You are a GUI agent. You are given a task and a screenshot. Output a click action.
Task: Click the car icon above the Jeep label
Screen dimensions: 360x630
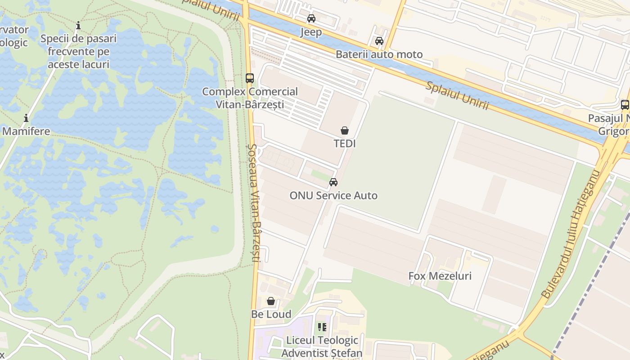tap(311, 18)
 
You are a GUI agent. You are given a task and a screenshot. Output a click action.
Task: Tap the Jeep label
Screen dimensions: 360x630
tap(311, 32)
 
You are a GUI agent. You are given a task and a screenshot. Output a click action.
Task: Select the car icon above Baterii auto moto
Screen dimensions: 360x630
tap(379, 41)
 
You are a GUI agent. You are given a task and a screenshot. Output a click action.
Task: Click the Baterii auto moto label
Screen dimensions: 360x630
tap(379, 54)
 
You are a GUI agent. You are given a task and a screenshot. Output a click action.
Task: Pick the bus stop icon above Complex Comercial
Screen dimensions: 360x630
tap(250, 78)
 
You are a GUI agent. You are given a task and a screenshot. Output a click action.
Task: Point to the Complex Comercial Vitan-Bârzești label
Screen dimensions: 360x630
tap(250, 98)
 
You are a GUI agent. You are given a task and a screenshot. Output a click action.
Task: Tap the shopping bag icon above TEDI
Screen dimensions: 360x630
tap(345, 130)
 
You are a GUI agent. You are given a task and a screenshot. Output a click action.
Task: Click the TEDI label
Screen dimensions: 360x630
tap(345, 144)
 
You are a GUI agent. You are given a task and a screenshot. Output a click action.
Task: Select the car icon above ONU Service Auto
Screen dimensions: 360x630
tap(333, 182)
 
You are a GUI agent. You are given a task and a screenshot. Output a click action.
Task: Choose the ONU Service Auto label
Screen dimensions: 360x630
tap(333, 195)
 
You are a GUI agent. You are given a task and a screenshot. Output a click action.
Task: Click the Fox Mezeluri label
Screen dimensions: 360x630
tap(440, 276)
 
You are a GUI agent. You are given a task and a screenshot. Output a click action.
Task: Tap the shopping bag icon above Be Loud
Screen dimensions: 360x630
tap(271, 301)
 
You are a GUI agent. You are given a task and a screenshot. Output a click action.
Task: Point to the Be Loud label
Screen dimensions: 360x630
tap(271, 314)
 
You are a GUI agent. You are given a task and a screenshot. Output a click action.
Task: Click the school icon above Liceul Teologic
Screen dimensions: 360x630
tap(322, 327)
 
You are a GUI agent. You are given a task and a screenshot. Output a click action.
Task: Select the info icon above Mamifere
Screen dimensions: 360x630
tap(26, 118)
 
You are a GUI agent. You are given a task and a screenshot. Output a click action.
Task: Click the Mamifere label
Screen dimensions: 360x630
tap(26, 131)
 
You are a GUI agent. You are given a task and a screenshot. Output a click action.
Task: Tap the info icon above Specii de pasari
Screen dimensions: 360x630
tap(78, 25)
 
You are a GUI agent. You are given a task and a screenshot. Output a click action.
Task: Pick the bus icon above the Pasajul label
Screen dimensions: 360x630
tap(625, 105)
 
